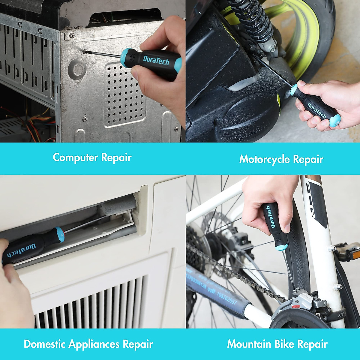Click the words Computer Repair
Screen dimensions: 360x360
click(92, 157)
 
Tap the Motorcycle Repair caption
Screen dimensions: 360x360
click(281, 159)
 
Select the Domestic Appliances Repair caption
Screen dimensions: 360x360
click(88, 344)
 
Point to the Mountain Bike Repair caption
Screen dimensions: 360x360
click(277, 344)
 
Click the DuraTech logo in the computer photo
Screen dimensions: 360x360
click(156, 60)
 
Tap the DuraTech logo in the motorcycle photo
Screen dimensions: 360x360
click(316, 110)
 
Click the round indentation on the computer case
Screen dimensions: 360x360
click(77, 69)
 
